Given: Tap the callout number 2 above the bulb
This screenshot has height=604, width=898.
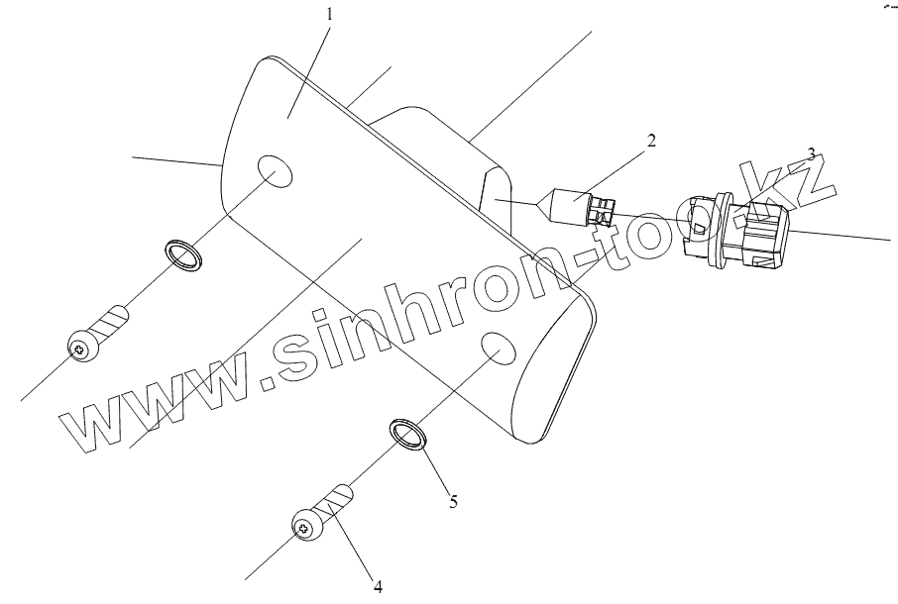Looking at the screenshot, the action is pos(650,141).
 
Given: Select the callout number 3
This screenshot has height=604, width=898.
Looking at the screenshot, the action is pos(811,154).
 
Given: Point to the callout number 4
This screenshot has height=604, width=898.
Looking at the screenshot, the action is pos(378,585).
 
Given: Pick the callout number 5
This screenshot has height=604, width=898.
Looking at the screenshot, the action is pos(453,501).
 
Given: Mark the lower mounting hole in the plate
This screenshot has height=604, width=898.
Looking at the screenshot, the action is pos(499,348).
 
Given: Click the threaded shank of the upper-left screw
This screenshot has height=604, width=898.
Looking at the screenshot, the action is pos(113,320).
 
